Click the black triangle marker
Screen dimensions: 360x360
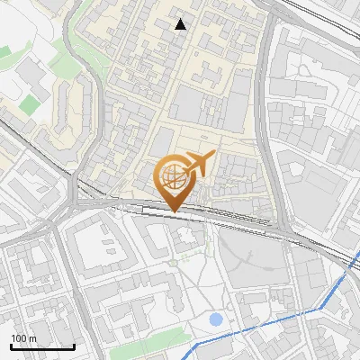pos(181,24)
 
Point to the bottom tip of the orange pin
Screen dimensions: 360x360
pos(172,211)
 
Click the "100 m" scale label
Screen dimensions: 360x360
pos(24,337)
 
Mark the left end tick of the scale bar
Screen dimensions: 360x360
pos(12,346)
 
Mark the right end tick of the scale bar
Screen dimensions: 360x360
pos(74,346)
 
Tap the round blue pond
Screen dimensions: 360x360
pos(215,319)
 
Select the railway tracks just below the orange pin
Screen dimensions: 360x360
pos(180,213)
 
